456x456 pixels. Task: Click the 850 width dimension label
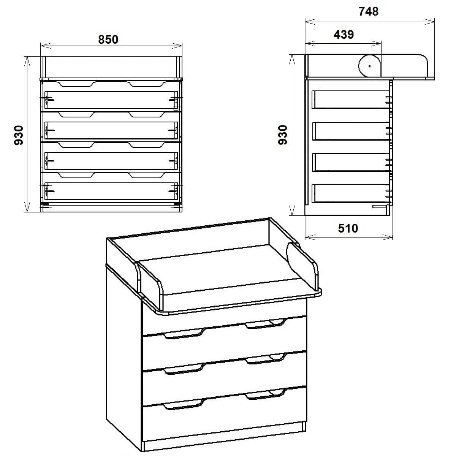108,40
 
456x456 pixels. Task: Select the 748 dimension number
368,12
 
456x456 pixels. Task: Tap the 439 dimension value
344,35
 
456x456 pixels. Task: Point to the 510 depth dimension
348,228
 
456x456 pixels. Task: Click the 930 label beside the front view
19,135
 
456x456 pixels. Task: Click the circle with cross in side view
370,66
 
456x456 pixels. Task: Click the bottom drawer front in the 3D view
224,420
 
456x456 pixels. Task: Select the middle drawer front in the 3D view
224,384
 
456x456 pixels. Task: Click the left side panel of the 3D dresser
123,350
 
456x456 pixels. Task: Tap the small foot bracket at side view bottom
379,207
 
